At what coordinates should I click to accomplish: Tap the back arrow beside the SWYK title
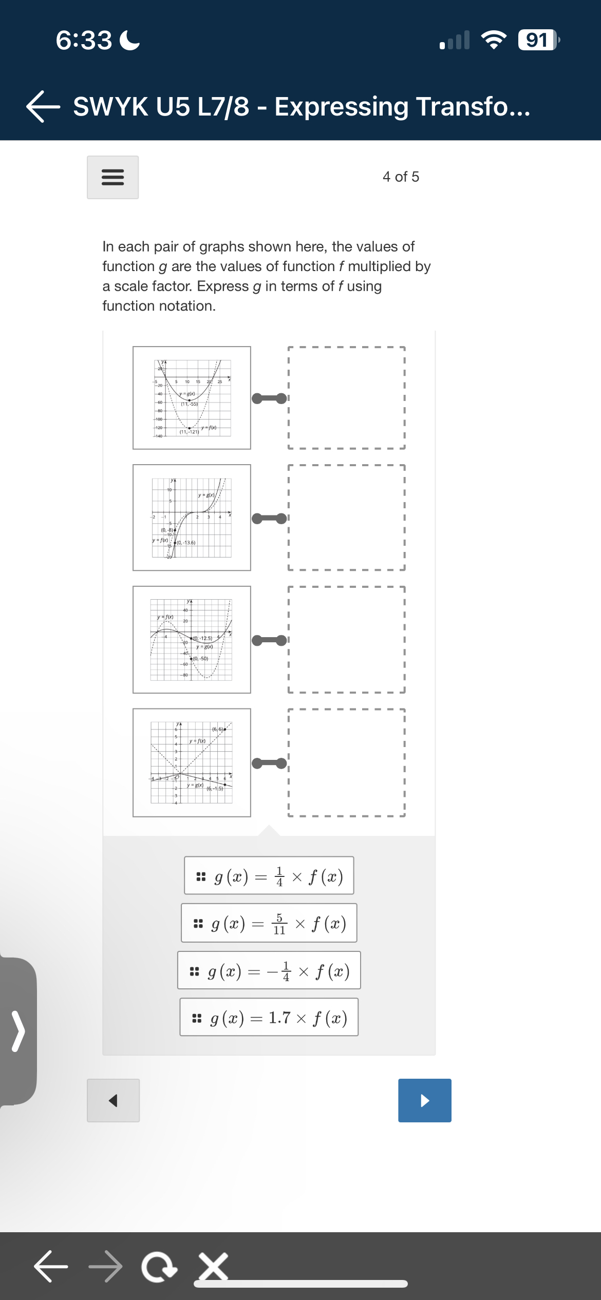(43, 107)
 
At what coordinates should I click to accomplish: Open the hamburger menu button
(112, 177)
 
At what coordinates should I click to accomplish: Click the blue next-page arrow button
(424, 1100)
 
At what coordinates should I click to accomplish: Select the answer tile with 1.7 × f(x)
(269, 1018)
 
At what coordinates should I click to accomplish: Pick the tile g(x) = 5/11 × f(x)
(269, 923)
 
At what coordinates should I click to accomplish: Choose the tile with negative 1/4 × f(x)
(269, 970)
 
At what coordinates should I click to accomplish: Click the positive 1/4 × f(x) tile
(269, 876)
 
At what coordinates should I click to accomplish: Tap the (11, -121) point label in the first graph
(189, 432)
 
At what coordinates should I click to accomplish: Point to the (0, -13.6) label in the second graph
(186, 543)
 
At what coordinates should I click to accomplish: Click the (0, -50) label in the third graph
(200, 659)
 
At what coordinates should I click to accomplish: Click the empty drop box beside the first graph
(346, 398)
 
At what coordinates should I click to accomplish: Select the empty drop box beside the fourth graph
(346, 763)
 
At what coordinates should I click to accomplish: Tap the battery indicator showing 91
(537, 40)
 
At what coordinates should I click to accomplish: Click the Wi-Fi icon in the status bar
(493, 40)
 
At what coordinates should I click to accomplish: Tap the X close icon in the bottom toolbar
(213, 1267)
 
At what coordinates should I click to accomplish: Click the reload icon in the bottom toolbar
(159, 1267)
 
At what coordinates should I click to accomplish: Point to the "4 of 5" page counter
(401, 177)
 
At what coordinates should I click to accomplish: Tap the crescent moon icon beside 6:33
(129, 41)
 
